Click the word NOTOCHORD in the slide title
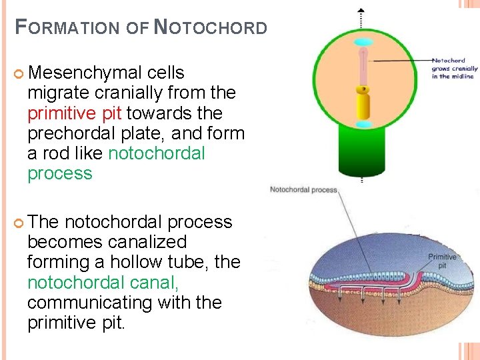click(x=211, y=28)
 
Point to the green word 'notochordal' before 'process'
click(x=156, y=153)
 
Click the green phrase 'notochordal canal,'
click(x=103, y=283)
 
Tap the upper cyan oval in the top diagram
click(x=362, y=43)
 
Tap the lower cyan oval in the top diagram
click(x=363, y=125)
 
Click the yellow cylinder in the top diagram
click(x=363, y=105)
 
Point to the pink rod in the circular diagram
click(x=363, y=67)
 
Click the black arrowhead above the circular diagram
click(x=361, y=11)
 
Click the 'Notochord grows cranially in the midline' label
click(x=455, y=68)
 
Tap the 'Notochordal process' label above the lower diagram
click(x=303, y=190)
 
